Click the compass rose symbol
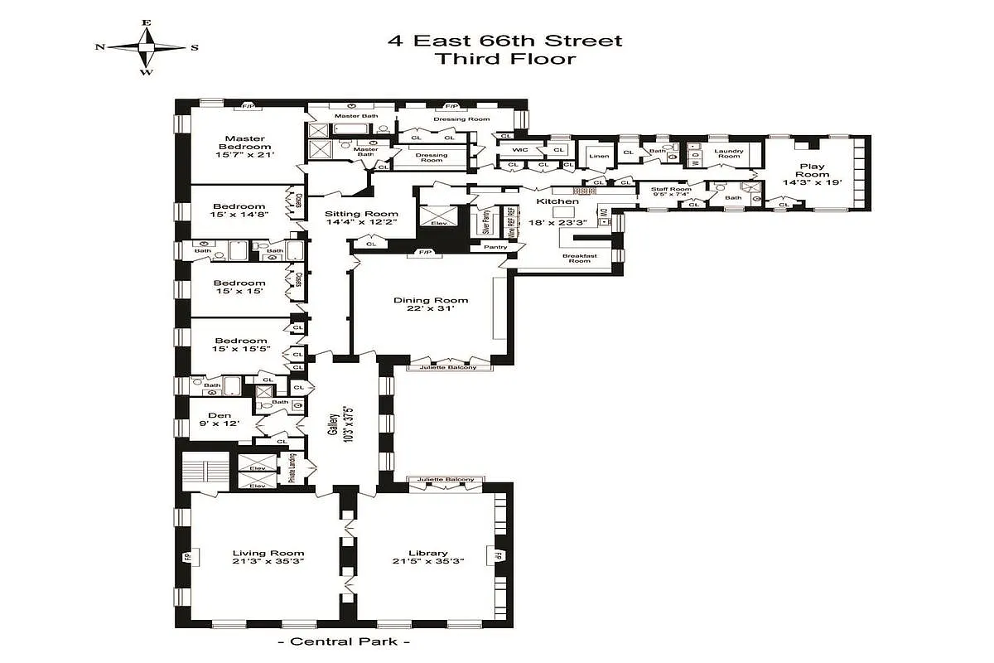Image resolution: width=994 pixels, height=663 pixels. (147, 48)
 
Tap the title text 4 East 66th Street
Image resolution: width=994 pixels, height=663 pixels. (504, 41)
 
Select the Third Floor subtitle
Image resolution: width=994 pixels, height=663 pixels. (504, 59)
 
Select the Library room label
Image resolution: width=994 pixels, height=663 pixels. (428, 553)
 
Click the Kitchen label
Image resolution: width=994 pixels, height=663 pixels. (552, 201)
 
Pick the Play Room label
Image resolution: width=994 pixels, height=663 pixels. (812, 166)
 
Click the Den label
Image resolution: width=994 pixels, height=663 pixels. (220, 416)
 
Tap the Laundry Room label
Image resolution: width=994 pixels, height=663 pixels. (729, 154)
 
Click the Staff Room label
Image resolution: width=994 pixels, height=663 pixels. (669, 189)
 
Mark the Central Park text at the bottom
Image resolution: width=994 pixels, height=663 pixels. (344, 641)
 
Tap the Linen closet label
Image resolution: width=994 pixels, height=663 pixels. (598, 156)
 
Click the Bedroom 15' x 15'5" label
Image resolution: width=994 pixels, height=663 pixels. (240, 341)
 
